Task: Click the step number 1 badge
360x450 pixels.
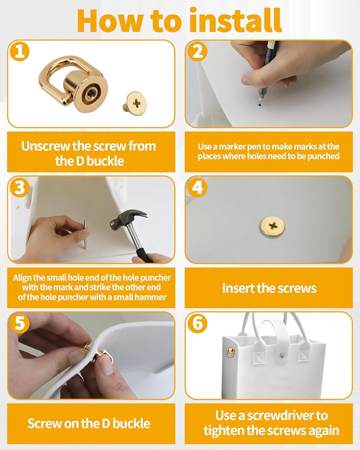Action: (19, 52)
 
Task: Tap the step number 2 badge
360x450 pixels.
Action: (197, 52)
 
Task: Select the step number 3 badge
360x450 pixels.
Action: (19, 188)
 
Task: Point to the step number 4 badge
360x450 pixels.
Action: (197, 188)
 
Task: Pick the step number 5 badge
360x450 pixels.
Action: (19, 324)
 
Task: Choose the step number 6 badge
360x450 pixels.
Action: (197, 324)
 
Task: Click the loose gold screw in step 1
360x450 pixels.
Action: (135, 103)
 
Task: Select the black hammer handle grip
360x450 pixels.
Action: (144, 254)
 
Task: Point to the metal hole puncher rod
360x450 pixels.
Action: (85, 234)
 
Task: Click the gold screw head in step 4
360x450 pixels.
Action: (273, 226)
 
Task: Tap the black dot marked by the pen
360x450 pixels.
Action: (260, 105)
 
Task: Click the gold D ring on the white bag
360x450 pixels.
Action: (230, 352)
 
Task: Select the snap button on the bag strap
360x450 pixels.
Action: (282, 355)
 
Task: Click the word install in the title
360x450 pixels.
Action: (236, 21)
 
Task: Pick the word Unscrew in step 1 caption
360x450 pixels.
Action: (45, 146)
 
